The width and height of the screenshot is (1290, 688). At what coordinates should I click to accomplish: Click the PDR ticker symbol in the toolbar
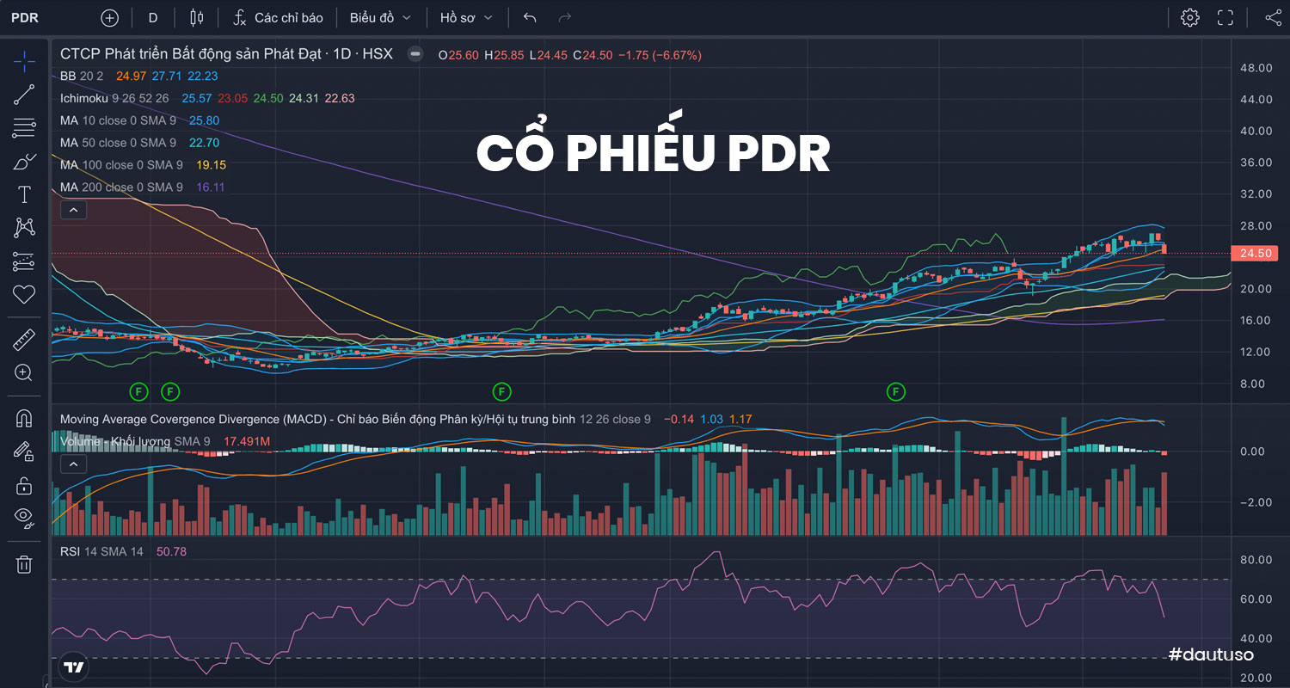point(24,17)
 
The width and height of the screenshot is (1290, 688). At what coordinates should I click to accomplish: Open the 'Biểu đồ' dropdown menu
point(380,17)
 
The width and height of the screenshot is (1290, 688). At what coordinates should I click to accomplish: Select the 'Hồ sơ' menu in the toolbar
point(466,17)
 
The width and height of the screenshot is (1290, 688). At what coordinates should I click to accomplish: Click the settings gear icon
point(1190,17)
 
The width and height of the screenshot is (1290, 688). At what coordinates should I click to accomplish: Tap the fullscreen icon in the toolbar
point(1225,17)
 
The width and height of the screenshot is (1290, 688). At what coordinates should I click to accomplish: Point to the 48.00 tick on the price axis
point(1256,68)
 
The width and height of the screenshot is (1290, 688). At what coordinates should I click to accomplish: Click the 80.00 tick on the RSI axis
point(1256,560)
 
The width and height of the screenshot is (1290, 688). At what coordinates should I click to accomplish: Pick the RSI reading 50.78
point(171,551)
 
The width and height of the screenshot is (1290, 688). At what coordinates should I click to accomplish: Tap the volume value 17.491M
point(247,441)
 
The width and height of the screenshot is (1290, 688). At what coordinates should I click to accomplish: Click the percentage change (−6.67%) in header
point(677,54)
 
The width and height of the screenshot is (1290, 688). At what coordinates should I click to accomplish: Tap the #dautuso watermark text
point(1211,654)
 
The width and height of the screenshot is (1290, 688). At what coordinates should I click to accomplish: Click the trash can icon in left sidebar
point(24,564)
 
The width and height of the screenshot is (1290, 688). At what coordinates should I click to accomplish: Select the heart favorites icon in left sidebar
point(24,294)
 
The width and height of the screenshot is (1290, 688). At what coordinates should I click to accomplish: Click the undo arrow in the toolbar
point(530,17)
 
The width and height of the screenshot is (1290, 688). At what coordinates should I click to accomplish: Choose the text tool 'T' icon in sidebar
point(24,194)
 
